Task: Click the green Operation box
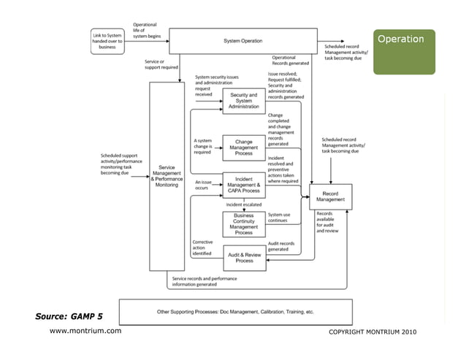pyautogui.click(x=404, y=51)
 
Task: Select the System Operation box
pyautogui.click(x=243, y=41)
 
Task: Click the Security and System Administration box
pyautogui.click(x=243, y=101)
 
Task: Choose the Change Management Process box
pyautogui.click(x=243, y=146)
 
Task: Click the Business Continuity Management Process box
pyautogui.click(x=243, y=224)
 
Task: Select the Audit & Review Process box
pyautogui.click(x=243, y=257)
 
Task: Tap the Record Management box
pyautogui.click(x=331, y=195)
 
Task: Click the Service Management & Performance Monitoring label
pyautogui.click(x=166, y=176)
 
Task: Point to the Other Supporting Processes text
pyautogui.click(x=235, y=312)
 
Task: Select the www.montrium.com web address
pyautogui.click(x=85, y=332)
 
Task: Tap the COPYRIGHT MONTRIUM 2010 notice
pyautogui.click(x=373, y=333)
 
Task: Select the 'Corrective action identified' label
pyautogui.click(x=202, y=248)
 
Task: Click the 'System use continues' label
pyautogui.click(x=280, y=218)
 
